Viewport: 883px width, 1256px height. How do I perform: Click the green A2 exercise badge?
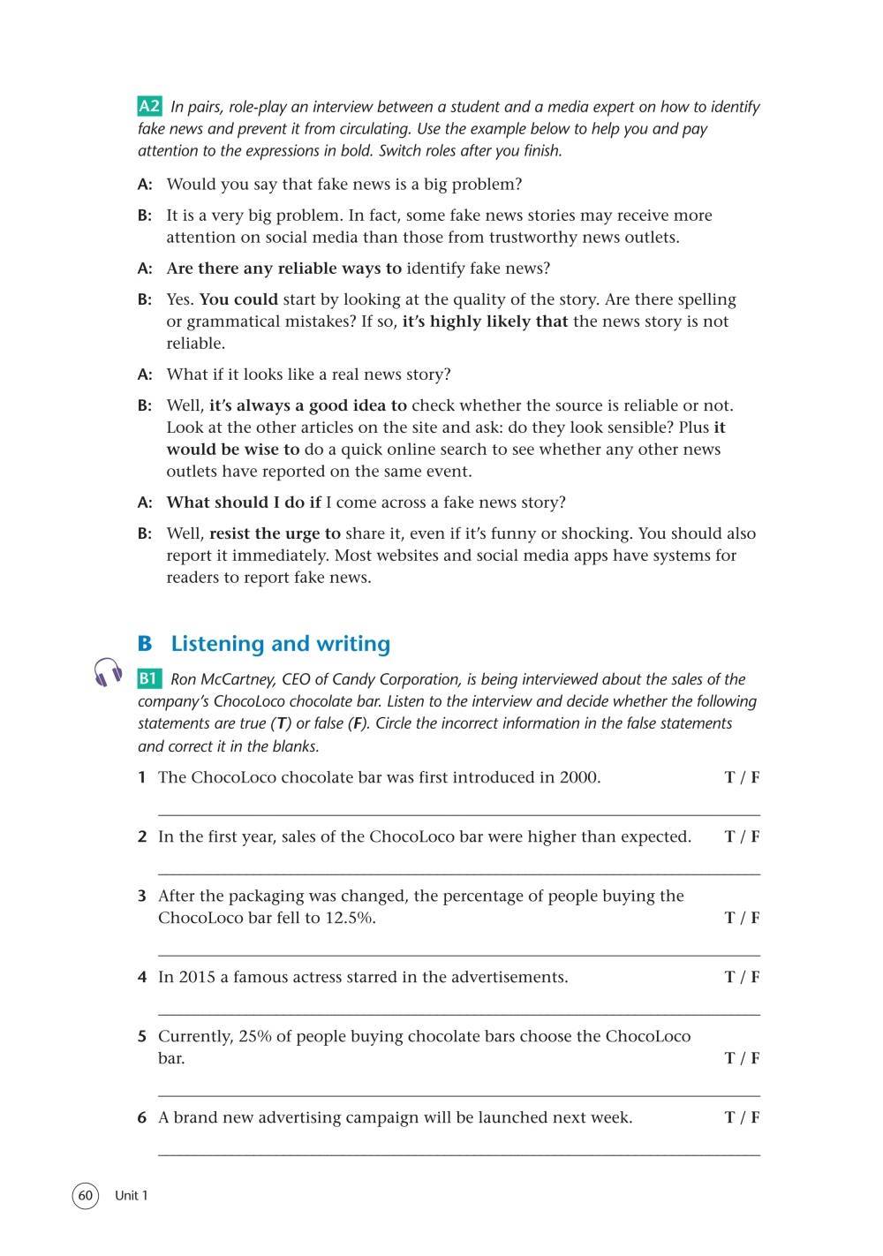[x=149, y=107]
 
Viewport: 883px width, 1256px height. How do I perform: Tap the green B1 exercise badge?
[x=149, y=679]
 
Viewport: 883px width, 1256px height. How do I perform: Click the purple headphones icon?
[x=108, y=673]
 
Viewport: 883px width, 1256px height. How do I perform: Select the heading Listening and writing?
[x=280, y=644]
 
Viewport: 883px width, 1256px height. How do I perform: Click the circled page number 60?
[x=85, y=1196]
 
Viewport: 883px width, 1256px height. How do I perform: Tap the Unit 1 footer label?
[x=132, y=1196]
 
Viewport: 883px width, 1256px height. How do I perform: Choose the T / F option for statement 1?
[x=742, y=778]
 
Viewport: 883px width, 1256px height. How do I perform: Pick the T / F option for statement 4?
[x=742, y=977]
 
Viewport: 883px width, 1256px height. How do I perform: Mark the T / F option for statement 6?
[x=742, y=1117]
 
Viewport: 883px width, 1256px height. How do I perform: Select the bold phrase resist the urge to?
[x=275, y=533]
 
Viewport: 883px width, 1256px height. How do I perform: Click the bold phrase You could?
[x=238, y=299]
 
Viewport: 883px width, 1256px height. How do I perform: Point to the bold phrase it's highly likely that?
[x=485, y=322]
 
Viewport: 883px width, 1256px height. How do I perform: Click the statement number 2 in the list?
[x=142, y=836]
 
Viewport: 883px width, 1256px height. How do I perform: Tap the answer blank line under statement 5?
[x=458, y=1095]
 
